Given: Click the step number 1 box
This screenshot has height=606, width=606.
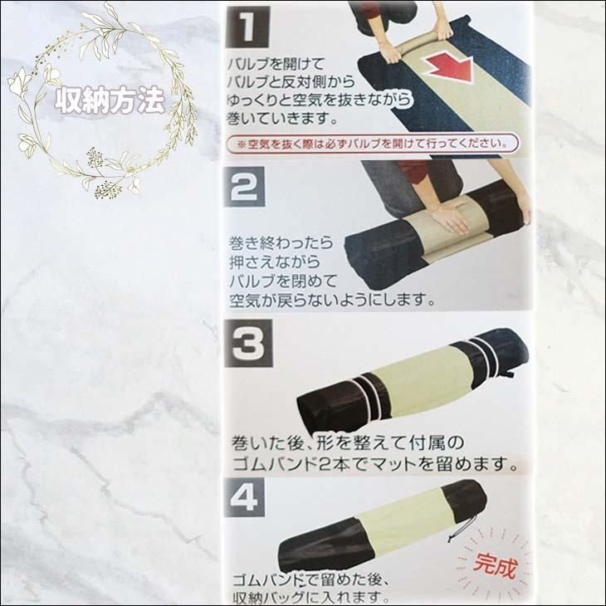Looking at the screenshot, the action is [x=247, y=27].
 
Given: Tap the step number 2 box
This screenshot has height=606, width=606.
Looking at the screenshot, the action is [x=245, y=187].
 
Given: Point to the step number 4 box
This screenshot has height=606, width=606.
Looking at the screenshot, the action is [x=245, y=498].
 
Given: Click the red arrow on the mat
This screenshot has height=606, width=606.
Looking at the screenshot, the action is [x=450, y=66].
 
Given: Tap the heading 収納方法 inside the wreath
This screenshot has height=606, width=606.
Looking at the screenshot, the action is [x=110, y=100].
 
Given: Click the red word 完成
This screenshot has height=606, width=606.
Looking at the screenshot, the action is [x=495, y=565].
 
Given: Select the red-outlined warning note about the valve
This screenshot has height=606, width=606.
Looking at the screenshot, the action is [x=373, y=144].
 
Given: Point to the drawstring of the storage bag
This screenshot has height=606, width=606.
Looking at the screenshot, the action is [x=460, y=525].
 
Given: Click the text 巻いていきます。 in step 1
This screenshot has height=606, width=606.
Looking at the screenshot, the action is [x=282, y=118].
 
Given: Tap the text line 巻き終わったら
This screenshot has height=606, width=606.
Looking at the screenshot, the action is [x=281, y=243].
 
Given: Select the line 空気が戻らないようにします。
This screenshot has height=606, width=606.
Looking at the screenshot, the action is [x=332, y=300].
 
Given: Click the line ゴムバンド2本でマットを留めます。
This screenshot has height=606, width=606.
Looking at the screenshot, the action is [x=375, y=464].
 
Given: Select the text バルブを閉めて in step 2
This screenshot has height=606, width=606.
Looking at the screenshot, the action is [x=283, y=281].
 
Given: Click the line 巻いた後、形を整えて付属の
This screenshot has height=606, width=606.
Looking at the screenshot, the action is [x=347, y=443].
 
